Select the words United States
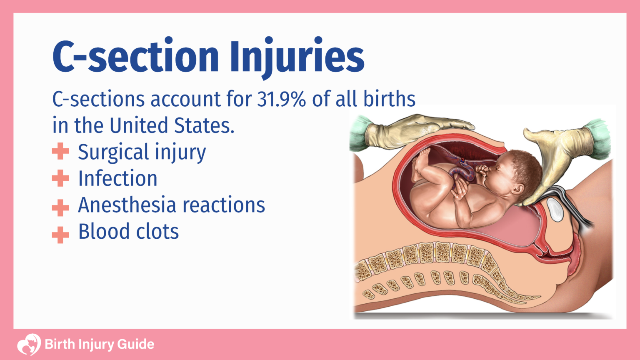172,125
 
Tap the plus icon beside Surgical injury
60,152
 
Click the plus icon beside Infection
60,178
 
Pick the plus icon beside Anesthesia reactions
60,207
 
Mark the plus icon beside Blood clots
60,235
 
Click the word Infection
118,178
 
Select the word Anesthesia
127,205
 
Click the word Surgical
113,152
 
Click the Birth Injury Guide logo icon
29,344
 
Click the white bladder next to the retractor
555,210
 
